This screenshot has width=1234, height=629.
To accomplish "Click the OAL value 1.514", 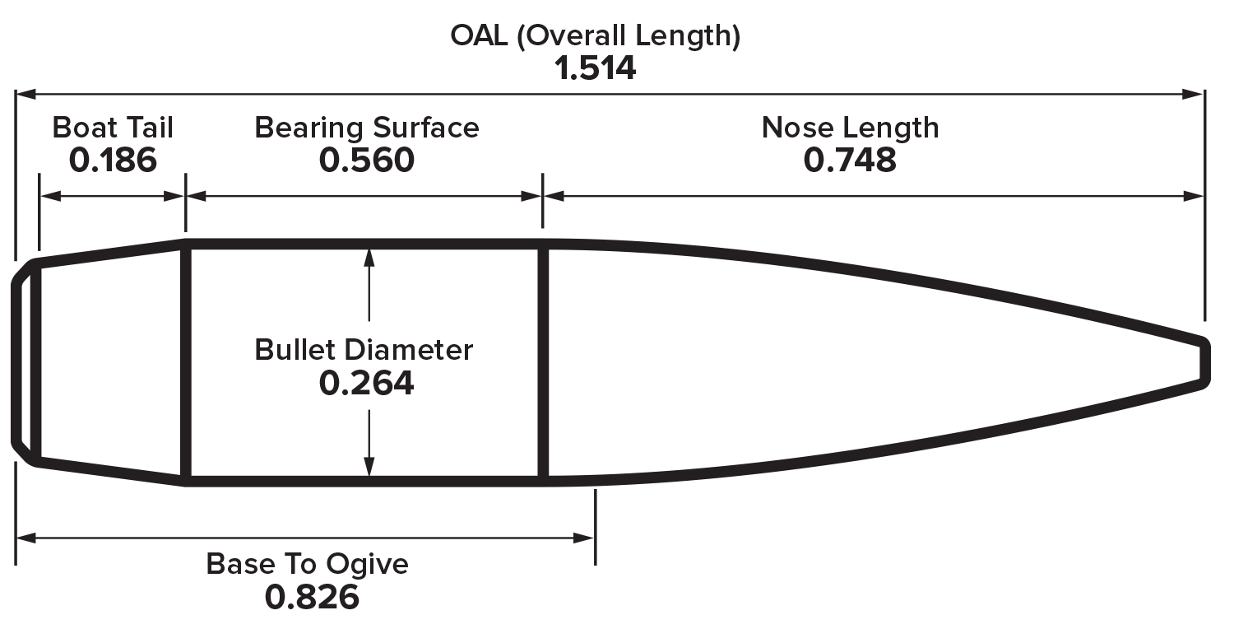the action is (x=595, y=69).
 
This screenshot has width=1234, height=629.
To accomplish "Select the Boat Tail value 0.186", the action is (x=113, y=161).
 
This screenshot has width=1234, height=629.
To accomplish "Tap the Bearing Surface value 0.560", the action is (x=367, y=161).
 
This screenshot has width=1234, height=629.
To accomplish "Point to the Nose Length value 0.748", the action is (x=850, y=161).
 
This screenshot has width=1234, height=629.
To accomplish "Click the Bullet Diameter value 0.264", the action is (x=366, y=383).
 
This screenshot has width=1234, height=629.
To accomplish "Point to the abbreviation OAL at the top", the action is (x=479, y=36).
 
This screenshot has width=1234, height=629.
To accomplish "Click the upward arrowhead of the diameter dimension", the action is (x=369, y=258).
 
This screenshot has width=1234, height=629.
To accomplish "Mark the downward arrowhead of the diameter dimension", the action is (x=369, y=467).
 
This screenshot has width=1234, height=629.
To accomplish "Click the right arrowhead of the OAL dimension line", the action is (x=1193, y=94).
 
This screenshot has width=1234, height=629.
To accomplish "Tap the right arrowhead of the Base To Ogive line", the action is (x=583, y=538).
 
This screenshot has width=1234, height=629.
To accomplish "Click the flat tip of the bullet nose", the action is (x=1205, y=363).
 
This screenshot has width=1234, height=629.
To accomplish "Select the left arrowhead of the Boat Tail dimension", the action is (x=51, y=196).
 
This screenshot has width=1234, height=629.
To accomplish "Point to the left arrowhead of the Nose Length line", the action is (x=554, y=196).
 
